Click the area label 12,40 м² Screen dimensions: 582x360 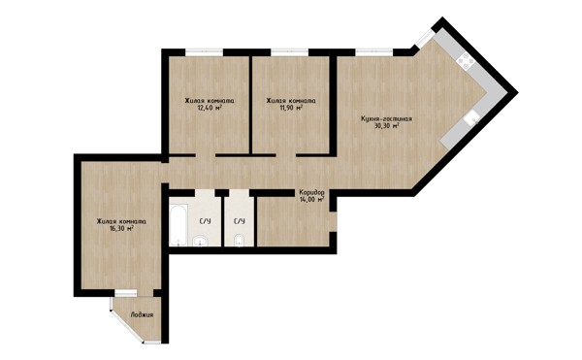coord(210,108)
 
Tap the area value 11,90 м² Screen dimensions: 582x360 coord(291,108)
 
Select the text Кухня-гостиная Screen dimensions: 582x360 coord(386,119)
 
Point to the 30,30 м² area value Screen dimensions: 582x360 coord(387,126)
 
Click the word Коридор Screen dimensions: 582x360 coord(312,193)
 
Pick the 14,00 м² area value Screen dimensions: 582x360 coord(312,199)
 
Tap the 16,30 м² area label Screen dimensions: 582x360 coord(121,229)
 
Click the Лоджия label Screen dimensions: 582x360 coord(142,315)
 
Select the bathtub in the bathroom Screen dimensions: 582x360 coord(178,225)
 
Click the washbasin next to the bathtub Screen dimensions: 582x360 coord(201,241)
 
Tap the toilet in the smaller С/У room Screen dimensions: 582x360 coord(239,241)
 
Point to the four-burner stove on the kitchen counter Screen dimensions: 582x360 coord(466,61)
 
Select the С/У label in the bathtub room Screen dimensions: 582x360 coord(206,221)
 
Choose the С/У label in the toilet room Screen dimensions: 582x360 coord(240,221)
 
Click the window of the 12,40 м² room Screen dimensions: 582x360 coord(205,52)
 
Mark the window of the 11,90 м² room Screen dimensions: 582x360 coord(290,52)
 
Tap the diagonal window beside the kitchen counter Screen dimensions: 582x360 coord(425,39)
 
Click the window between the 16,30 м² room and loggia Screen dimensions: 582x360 coord(126,293)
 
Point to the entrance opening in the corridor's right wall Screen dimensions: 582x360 coord(334,222)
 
